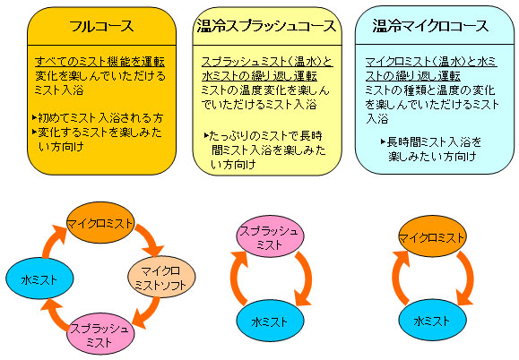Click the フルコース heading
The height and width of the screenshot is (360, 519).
pyautogui.click(x=101, y=26)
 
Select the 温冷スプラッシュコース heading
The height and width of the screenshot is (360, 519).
pyautogui.click(x=267, y=26)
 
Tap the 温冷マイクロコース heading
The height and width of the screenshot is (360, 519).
pyautogui.click(x=430, y=26)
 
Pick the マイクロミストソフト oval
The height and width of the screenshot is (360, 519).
pyautogui.click(x=161, y=277)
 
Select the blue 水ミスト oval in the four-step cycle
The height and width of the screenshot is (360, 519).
pyautogui.click(x=39, y=279)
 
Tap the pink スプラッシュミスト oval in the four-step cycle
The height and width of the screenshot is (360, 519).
pyautogui.click(x=100, y=334)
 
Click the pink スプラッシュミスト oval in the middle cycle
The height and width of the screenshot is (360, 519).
pyautogui.click(x=270, y=236)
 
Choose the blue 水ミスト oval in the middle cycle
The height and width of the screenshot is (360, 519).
pyautogui.click(x=270, y=321)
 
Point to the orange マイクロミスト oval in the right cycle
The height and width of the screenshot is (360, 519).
pyautogui.click(x=432, y=236)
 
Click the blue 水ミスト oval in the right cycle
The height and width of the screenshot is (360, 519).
pyautogui.click(x=432, y=320)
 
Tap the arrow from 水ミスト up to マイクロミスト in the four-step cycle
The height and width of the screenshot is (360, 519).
pyautogui.click(x=49, y=239)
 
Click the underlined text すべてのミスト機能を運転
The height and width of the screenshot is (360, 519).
pyautogui.click(x=99, y=62)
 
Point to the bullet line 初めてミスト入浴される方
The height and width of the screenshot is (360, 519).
pyautogui.click(x=98, y=117)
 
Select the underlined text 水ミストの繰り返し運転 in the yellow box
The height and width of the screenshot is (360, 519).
pyautogui.click(x=259, y=76)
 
